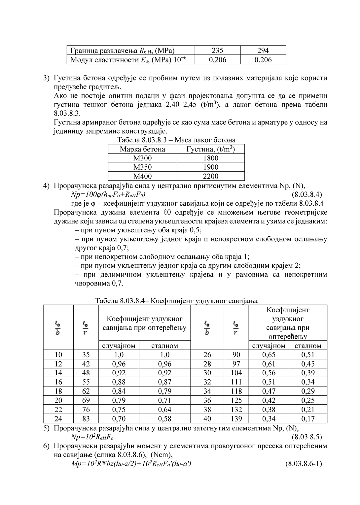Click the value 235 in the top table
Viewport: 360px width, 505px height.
217,50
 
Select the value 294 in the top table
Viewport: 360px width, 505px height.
263,50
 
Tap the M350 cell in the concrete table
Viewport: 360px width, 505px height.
142,167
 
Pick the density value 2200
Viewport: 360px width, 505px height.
211,176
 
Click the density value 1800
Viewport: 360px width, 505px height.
211,158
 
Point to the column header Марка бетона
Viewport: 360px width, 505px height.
142,149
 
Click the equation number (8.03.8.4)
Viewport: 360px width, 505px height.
307,194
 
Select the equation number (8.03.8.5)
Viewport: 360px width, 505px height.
307,437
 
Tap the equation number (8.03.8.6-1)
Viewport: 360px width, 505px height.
303,464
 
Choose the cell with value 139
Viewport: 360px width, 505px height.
236,419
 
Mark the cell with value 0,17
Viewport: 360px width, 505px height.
308,419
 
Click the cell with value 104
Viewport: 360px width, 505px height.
236,373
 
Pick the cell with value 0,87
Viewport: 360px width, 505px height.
164,382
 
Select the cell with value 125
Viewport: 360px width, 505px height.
236,400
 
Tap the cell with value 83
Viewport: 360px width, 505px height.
86,419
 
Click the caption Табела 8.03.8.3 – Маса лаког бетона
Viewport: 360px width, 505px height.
176,140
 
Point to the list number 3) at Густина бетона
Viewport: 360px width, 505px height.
47,78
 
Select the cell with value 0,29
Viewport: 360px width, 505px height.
308,391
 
